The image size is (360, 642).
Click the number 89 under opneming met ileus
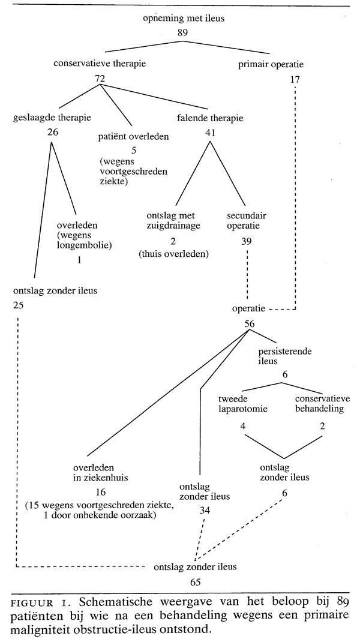click(x=183, y=32)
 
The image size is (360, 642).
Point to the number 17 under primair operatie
click(x=295, y=79)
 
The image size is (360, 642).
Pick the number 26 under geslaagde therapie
click(x=52, y=132)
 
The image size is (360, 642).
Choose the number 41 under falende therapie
click(x=209, y=132)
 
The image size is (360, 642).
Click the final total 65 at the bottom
click(x=195, y=581)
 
